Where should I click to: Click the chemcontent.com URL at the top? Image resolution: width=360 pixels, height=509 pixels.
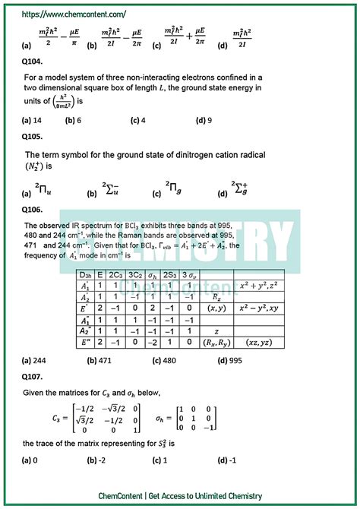(x=74, y=14)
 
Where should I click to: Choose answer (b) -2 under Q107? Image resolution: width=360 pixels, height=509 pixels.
(x=97, y=460)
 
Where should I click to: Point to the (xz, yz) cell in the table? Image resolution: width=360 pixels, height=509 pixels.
(x=257, y=343)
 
